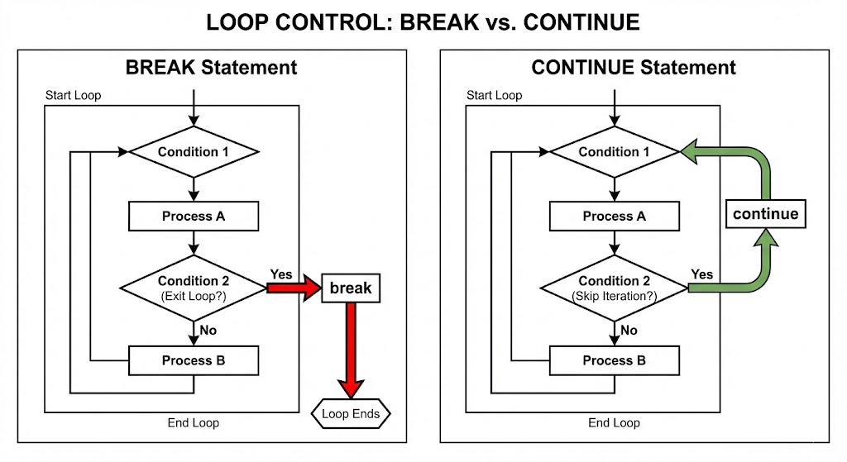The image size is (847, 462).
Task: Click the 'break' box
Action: click(x=351, y=288)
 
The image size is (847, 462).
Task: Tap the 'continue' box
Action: click(x=765, y=214)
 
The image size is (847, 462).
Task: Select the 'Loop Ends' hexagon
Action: click(x=351, y=414)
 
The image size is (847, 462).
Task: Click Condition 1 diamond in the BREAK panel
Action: click(x=194, y=152)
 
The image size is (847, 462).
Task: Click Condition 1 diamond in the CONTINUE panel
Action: click(x=615, y=152)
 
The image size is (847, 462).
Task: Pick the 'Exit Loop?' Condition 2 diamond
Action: click(x=194, y=288)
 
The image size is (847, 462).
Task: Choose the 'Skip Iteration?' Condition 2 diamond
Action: click(x=615, y=288)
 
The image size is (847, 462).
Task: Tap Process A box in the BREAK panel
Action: click(x=194, y=217)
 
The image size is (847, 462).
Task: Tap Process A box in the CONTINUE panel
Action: click(x=615, y=217)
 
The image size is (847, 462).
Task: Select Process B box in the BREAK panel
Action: click(x=194, y=360)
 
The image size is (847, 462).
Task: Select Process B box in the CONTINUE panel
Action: click(x=615, y=360)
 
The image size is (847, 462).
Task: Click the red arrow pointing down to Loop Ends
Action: click(x=351, y=350)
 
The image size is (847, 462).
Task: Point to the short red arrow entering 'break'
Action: click(x=294, y=288)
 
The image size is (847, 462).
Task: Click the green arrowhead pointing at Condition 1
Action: click(x=689, y=152)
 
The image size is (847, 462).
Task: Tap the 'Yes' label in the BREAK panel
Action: click(x=281, y=274)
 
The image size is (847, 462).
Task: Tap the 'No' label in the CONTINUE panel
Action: click(x=629, y=331)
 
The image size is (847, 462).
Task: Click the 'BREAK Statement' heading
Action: click(x=211, y=68)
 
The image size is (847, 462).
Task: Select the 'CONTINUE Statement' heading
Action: click(x=633, y=68)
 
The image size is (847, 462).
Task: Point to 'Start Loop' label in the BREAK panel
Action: click(x=73, y=96)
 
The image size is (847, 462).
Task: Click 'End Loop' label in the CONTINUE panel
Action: click(x=614, y=423)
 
